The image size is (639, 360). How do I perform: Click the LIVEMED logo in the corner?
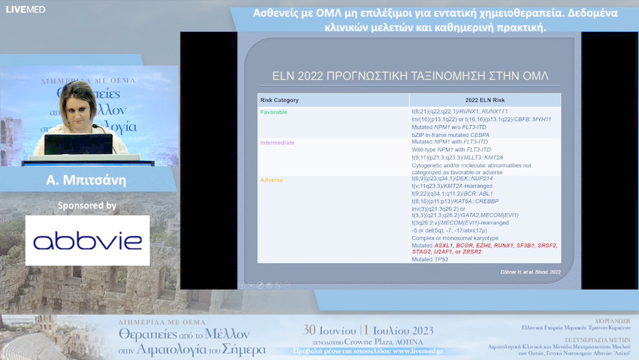tap(25, 9)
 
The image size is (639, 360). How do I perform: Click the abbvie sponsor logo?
tap(88, 240)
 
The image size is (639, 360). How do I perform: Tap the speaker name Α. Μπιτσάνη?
tap(86, 180)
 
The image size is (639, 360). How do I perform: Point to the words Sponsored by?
tap(87, 205)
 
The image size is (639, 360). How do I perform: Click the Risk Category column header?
tap(279, 100)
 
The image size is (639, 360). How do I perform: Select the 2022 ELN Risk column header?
tap(485, 100)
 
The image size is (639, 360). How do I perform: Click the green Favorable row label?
tap(273, 112)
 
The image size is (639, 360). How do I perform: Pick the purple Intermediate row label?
tap(277, 143)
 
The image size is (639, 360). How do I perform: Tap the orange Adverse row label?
tap(272, 180)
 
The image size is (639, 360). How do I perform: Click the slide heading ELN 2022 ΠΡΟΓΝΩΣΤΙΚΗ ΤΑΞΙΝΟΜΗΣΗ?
tap(410, 76)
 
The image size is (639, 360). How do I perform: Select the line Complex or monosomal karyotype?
tap(455, 238)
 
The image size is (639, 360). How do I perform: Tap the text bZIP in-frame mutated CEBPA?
tap(450, 135)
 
